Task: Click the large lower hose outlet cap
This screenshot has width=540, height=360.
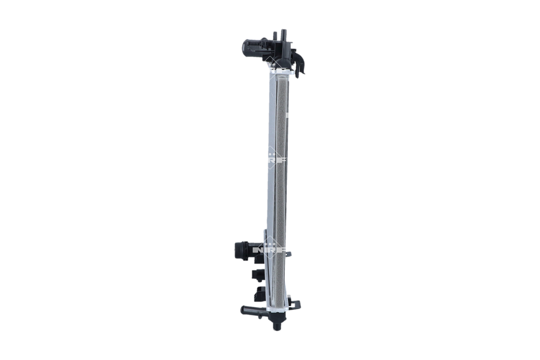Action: coord(239,248)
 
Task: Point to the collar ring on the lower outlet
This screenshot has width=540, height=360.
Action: coord(249,248)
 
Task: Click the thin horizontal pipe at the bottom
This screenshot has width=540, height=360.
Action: coord(252,309)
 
